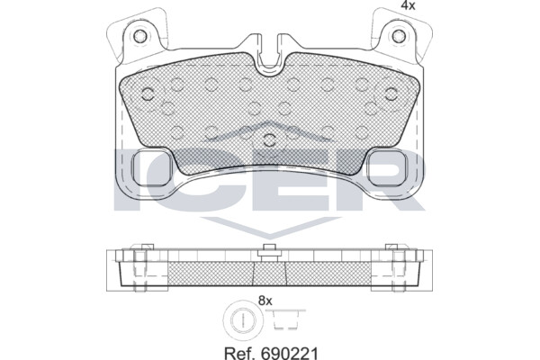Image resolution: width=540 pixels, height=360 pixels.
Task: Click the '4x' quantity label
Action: pos(408,5)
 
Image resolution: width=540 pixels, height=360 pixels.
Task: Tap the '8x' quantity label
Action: pos(265,301)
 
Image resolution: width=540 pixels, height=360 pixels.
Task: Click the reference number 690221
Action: pos(289,353)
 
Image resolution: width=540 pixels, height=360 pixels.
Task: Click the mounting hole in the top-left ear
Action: pos(140,36)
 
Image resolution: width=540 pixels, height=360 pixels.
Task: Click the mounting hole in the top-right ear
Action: pos(399,35)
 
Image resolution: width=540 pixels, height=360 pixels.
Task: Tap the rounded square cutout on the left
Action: pos(152,168)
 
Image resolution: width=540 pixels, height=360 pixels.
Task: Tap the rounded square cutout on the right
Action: pos(387,168)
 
